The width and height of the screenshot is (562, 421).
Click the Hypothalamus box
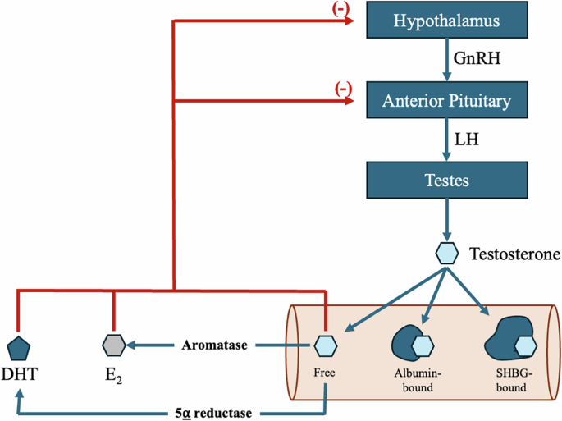click(447, 20)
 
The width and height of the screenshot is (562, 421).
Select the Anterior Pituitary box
click(447, 99)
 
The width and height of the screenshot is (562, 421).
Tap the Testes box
click(447, 180)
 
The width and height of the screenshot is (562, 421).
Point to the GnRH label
click(477, 58)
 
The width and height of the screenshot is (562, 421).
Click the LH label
click(467, 140)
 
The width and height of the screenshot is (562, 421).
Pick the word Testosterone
click(515, 254)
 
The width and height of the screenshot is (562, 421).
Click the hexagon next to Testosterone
click(447, 253)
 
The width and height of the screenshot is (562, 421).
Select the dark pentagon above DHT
click(19, 349)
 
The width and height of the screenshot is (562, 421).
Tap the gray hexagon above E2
click(114, 345)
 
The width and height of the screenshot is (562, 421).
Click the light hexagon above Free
click(326, 345)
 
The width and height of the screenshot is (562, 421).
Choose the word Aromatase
click(215, 345)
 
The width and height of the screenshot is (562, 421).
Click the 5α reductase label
click(213, 413)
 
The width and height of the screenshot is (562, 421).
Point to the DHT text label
click(20, 374)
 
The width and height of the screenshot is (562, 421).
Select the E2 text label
click(113, 376)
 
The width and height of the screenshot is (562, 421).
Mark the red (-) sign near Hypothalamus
click(340, 9)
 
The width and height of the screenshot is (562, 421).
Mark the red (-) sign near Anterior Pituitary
click(344, 89)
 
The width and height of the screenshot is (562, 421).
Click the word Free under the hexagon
click(324, 373)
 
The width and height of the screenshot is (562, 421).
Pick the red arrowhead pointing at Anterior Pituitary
click(350, 101)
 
